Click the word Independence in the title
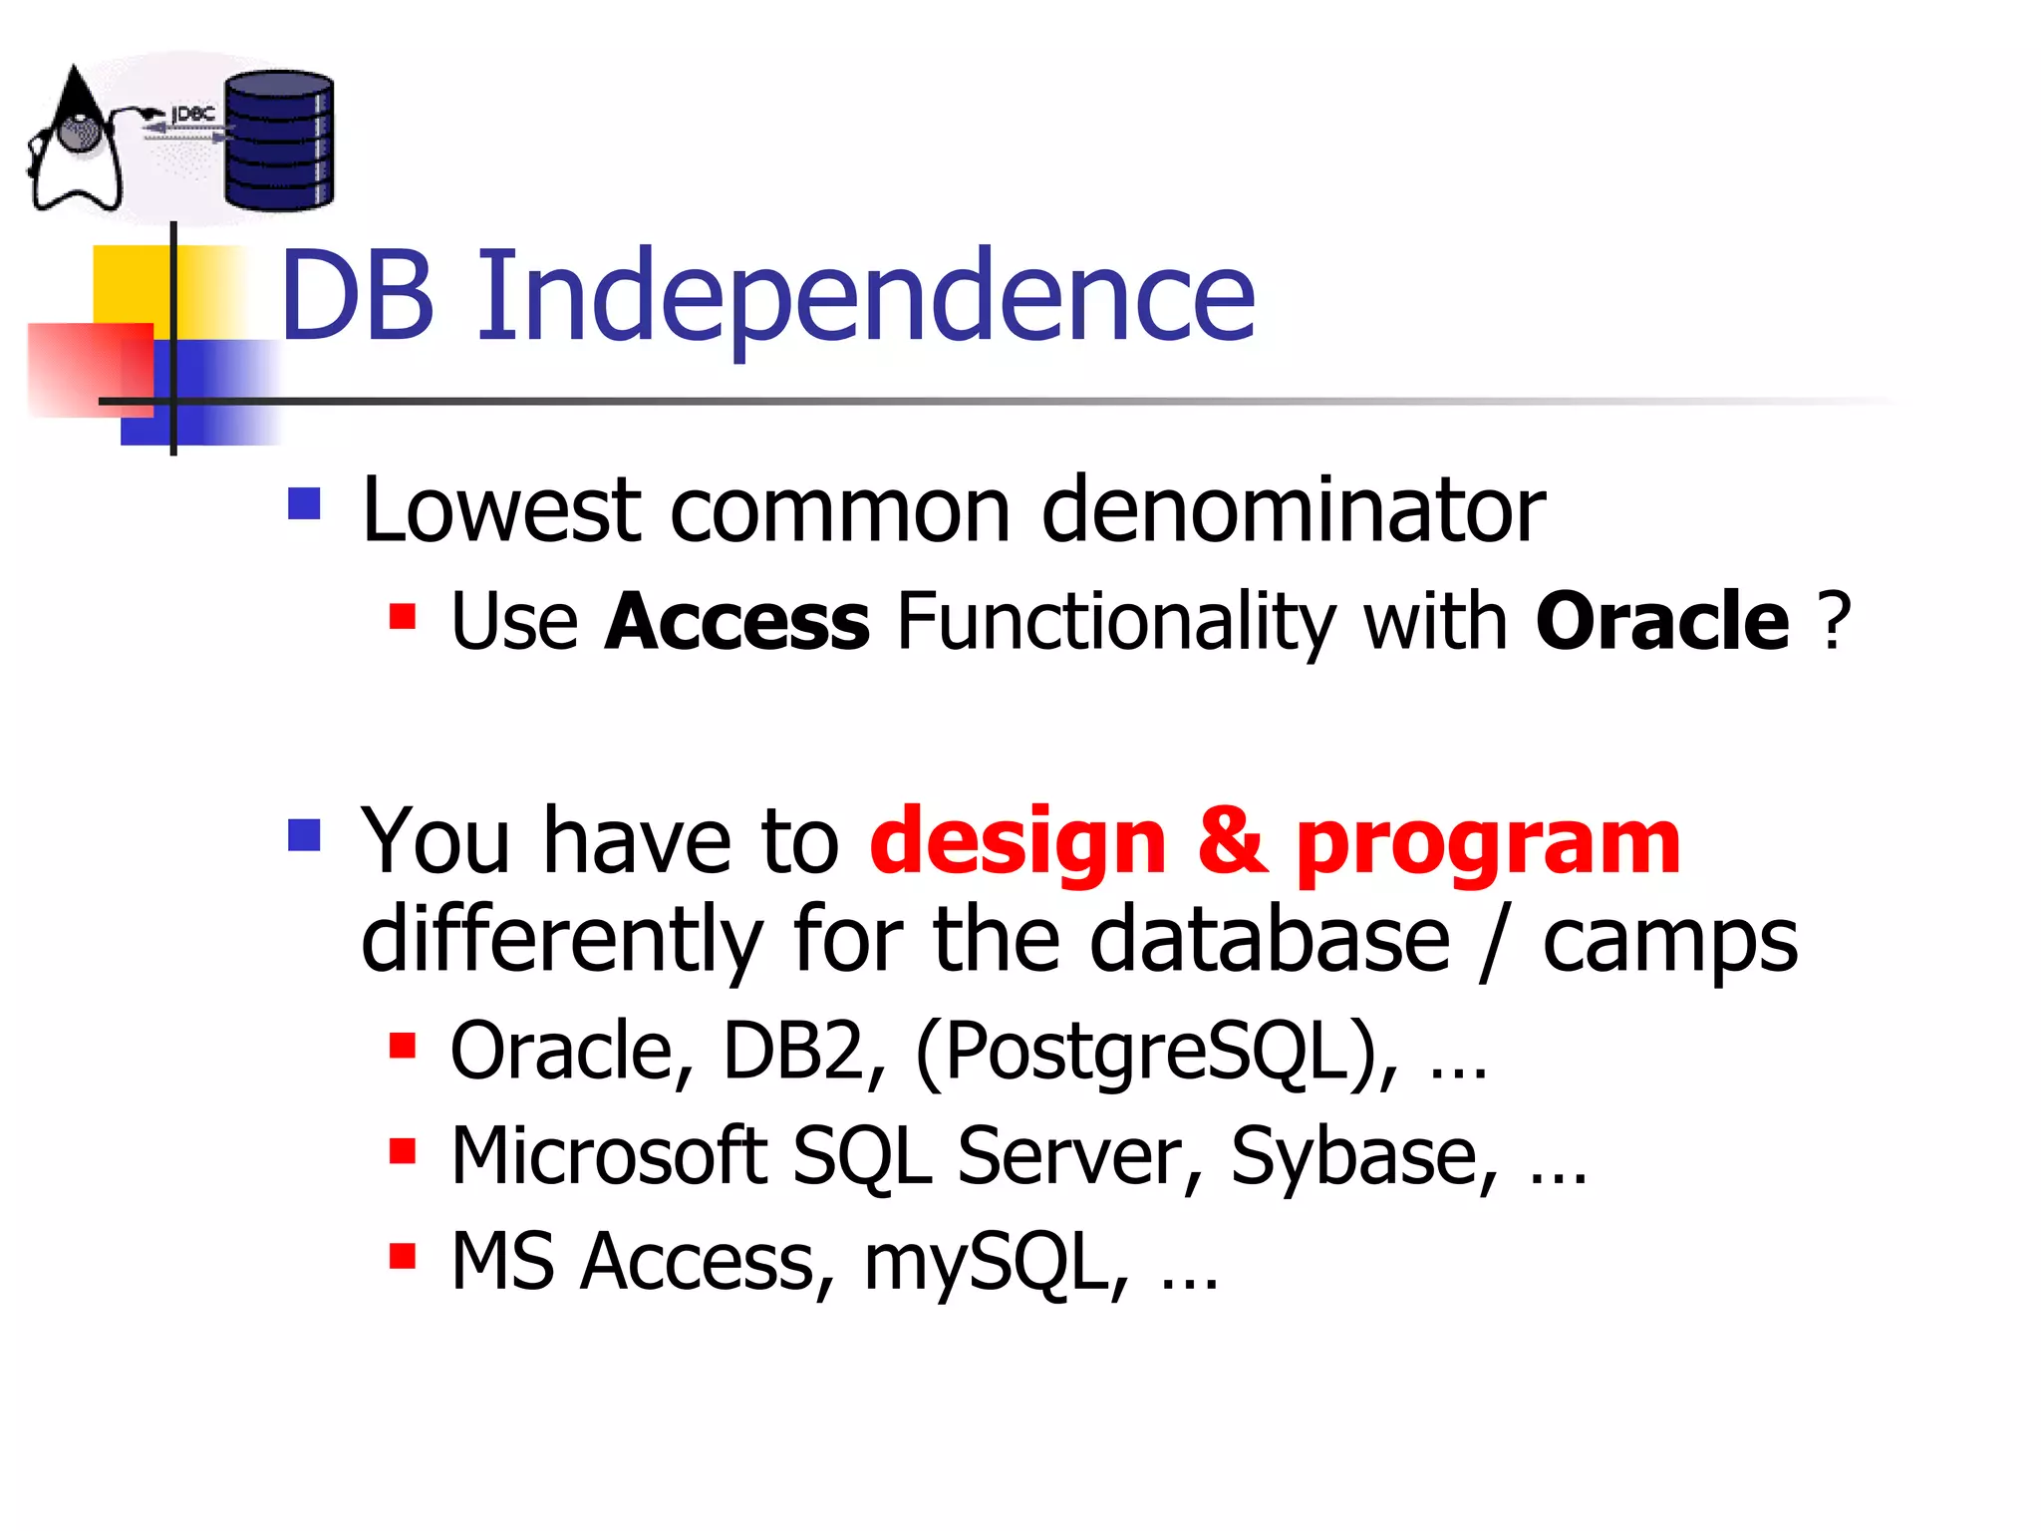[x=865, y=297]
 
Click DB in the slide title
[x=357, y=297]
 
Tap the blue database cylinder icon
[x=278, y=141]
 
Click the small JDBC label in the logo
[x=193, y=115]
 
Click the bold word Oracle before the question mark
[x=1661, y=621]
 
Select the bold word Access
[x=736, y=621]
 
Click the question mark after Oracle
[x=1834, y=621]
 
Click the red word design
[x=1018, y=842]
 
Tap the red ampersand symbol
[x=1231, y=842]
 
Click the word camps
[x=1669, y=942]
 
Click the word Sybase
[x=1363, y=1156]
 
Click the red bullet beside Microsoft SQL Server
[x=402, y=1151]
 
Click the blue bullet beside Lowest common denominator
[x=304, y=503]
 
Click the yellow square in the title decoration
[x=130, y=284]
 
